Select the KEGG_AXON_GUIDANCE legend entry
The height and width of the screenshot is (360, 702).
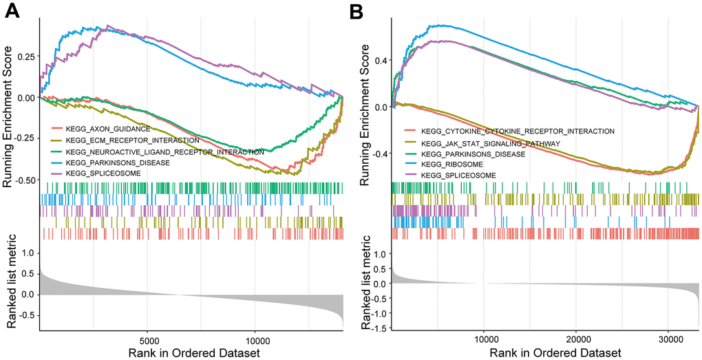(103, 129)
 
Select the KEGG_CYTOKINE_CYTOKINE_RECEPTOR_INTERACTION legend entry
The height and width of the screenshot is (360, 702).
(518, 131)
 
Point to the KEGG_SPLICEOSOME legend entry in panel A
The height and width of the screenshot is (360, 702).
(100, 173)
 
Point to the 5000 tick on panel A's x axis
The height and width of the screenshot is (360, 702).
(148, 339)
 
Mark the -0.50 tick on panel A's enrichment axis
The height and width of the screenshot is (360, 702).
(23, 181)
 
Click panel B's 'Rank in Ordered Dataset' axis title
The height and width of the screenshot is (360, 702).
(544, 353)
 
